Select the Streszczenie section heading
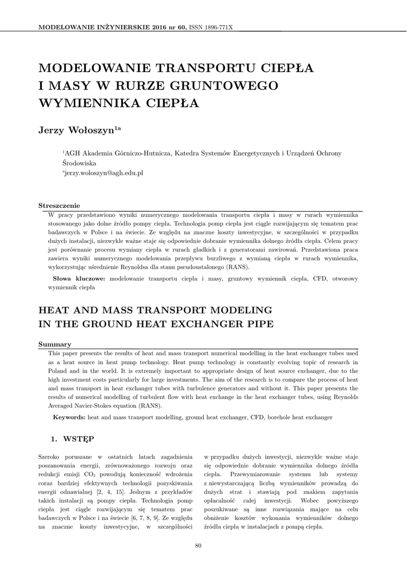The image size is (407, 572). point(59,206)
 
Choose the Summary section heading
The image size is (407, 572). point(54,344)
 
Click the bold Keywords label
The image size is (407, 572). point(69,417)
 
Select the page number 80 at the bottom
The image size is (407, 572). point(198,546)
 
